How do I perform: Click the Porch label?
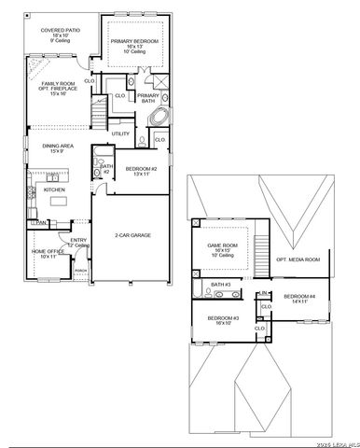80,272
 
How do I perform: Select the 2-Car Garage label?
134,235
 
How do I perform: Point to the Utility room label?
121,133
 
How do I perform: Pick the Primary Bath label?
146,97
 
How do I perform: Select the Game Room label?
223,247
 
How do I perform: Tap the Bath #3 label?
221,284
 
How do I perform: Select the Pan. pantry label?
42,222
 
